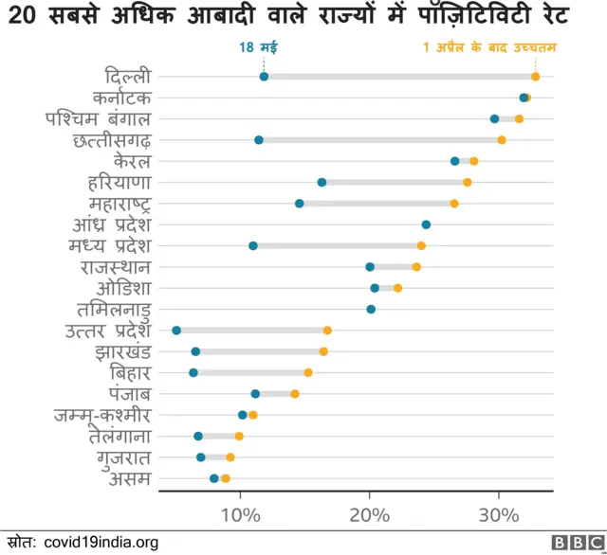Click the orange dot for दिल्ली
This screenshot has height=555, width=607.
point(536,77)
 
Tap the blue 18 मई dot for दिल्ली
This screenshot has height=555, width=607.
point(264,77)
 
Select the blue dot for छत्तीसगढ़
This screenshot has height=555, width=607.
point(259,140)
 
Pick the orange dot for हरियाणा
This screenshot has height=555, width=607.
point(468,182)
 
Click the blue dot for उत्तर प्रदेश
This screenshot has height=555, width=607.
point(176,331)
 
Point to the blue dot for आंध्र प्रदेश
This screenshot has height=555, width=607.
point(426,224)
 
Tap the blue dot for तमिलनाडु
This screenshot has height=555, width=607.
point(371,309)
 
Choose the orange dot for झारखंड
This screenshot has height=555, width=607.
point(323,351)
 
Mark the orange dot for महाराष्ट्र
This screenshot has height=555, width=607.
point(454,204)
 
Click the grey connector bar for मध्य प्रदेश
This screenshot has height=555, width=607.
point(337,246)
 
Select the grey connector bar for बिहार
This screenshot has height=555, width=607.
point(250,373)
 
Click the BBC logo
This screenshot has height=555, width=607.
point(573,542)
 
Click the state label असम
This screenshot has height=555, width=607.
point(130,479)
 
